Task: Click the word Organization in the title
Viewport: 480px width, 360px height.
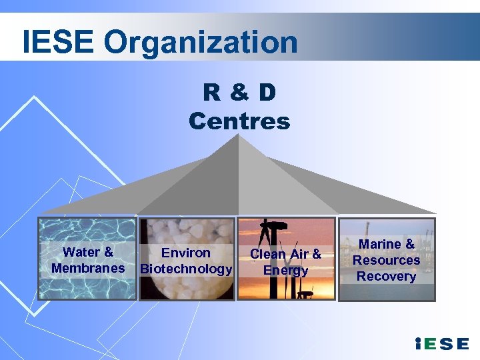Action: tap(201, 43)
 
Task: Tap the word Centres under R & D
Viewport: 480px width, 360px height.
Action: tap(239, 121)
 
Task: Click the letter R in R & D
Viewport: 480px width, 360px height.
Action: tap(212, 93)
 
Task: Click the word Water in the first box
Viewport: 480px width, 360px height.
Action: tap(79, 252)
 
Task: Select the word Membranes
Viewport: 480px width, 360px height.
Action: tap(88, 268)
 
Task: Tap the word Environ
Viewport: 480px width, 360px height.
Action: tap(186, 253)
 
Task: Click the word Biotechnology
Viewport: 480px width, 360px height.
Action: tap(186, 269)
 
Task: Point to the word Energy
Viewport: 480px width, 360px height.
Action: tap(285, 270)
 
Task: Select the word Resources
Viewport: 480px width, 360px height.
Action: tap(386, 260)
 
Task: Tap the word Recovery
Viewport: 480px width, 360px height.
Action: tap(386, 276)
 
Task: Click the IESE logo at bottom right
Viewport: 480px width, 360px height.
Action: tap(441, 344)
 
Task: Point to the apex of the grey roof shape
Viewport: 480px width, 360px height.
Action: tap(239, 135)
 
